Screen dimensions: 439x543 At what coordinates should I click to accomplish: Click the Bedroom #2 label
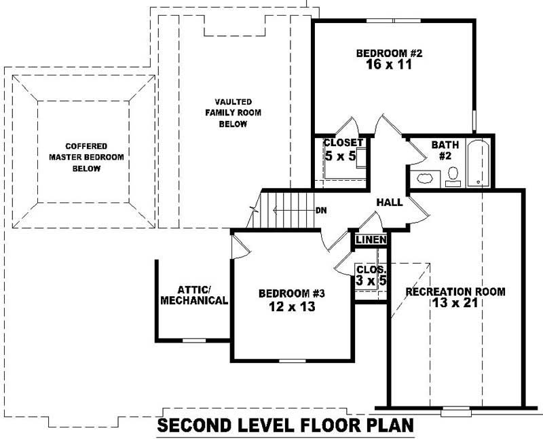click(x=387, y=54)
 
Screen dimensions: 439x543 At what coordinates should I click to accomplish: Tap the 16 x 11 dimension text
click(x=387, y=66)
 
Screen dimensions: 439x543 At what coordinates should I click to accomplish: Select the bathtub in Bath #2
click(x=479, y=164)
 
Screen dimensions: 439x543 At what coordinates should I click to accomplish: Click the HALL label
click(x=389, y=203)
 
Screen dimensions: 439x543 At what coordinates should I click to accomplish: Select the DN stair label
click(x=322, y=210)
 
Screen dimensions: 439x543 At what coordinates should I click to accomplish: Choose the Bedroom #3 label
click(x=293, y=294)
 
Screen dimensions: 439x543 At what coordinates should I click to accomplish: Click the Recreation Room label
click(x=455, y=292)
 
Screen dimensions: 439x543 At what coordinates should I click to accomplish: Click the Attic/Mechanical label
click(x=193, y=294)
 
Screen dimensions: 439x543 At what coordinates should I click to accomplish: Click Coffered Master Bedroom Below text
click(x=86, y=157)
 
